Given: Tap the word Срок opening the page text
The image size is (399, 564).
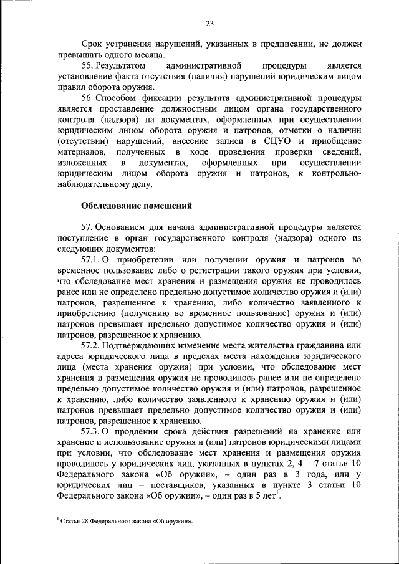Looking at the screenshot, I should (x=94, y=44).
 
